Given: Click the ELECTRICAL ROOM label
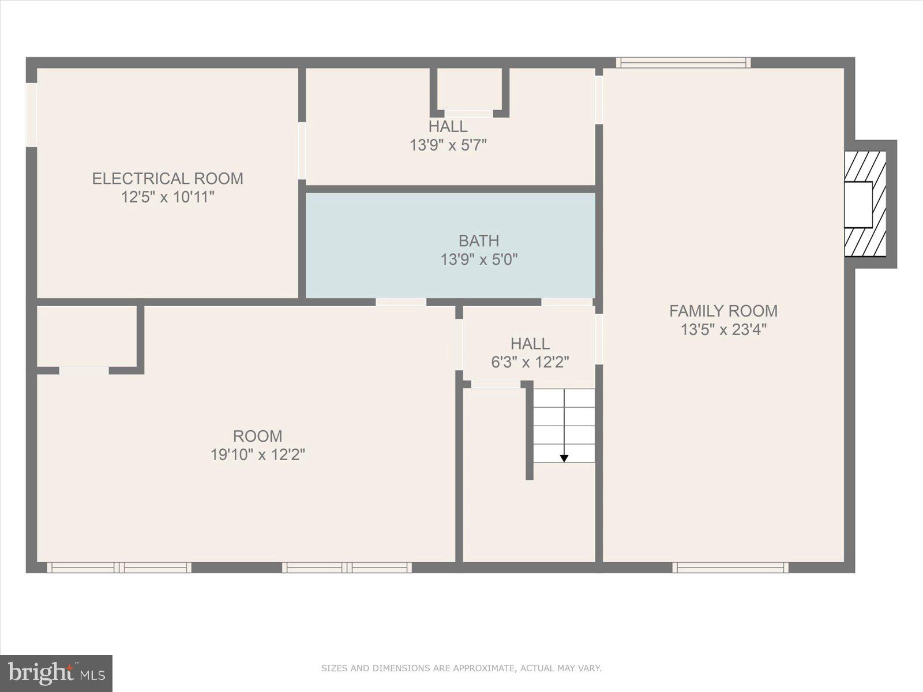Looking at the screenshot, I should tap(167, 178).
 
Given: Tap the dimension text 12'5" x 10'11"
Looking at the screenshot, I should tap(167, 197).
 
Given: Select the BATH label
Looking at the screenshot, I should tap(479, 240).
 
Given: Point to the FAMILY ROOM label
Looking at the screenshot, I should tap(723, 311).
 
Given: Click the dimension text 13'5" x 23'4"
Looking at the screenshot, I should tap(723, 330).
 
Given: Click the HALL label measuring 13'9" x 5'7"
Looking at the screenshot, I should tap(448, 126).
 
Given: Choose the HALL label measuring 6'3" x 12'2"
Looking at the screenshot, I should tap(530, 344).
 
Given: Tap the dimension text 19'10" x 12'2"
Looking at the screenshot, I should tap(257, 455).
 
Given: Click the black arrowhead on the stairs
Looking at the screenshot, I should tap(564, 458).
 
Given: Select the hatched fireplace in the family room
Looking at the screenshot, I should tap(865, 204).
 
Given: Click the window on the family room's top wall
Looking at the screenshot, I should tap(683, 62).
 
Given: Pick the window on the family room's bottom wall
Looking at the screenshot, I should tap(730, 567).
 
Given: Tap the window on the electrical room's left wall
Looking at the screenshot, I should tap(31, 115).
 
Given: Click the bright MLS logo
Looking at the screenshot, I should tap(56, 673).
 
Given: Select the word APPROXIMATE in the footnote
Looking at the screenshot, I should tap(483, 668).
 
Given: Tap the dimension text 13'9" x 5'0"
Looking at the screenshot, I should tap(479, 259).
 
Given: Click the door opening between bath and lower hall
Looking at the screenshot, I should tap(566, 302).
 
